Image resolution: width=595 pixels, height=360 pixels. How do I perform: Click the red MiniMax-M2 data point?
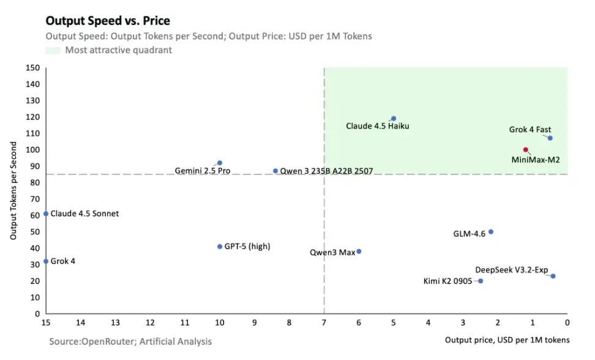pyautogui.click(x=525, y=149)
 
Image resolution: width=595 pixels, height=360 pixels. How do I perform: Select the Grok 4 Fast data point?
pyautogui.click(x=550, y=138)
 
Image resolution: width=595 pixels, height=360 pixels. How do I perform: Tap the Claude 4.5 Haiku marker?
pyautogui.click(x=394, y=118)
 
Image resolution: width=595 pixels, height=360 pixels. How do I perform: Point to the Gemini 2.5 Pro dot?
pyautogui.click(x=220, y=163)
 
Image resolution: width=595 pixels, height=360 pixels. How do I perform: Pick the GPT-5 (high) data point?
pyautogui.click(x=220, y=246)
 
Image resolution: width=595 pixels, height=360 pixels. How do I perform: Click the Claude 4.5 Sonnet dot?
pyautogui.click(x=46, y=214)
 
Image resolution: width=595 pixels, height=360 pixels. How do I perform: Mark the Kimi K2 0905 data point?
pyautogui.click(x=481, y=281)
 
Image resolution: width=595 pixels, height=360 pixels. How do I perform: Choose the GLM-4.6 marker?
pyautogui.click(x=490, y=231)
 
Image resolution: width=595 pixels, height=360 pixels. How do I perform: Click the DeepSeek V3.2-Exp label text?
pyautogui.click(x=512, y=269)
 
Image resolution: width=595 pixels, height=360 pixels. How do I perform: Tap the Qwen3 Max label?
pyautogui.click(x=332, y=252)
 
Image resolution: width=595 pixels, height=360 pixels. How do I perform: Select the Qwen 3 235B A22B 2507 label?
pyautogui.click(x=326, y=171)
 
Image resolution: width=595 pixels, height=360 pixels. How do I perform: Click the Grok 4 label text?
pyautogui.click(x=63, y=261)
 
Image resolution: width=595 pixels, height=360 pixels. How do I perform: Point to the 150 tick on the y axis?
pyautogui.click(x=33, y=68)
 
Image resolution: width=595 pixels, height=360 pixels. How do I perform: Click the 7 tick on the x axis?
pyautogui.click(x=324, y=322)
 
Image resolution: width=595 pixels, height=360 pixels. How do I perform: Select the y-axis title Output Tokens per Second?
pyautogui.click(x=13, y=192)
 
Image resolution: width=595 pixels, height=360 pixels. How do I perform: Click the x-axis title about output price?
pyautogui.click(x=507, y=340)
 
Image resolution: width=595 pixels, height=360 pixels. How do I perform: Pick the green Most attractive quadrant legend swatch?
pyautogui.click(x=53, y=50)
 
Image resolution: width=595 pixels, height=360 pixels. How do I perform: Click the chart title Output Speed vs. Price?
pyautogui.click(x=108, y=21)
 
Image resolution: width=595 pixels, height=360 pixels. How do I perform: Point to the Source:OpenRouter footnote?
pyautogui.click(x=130, y=341)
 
